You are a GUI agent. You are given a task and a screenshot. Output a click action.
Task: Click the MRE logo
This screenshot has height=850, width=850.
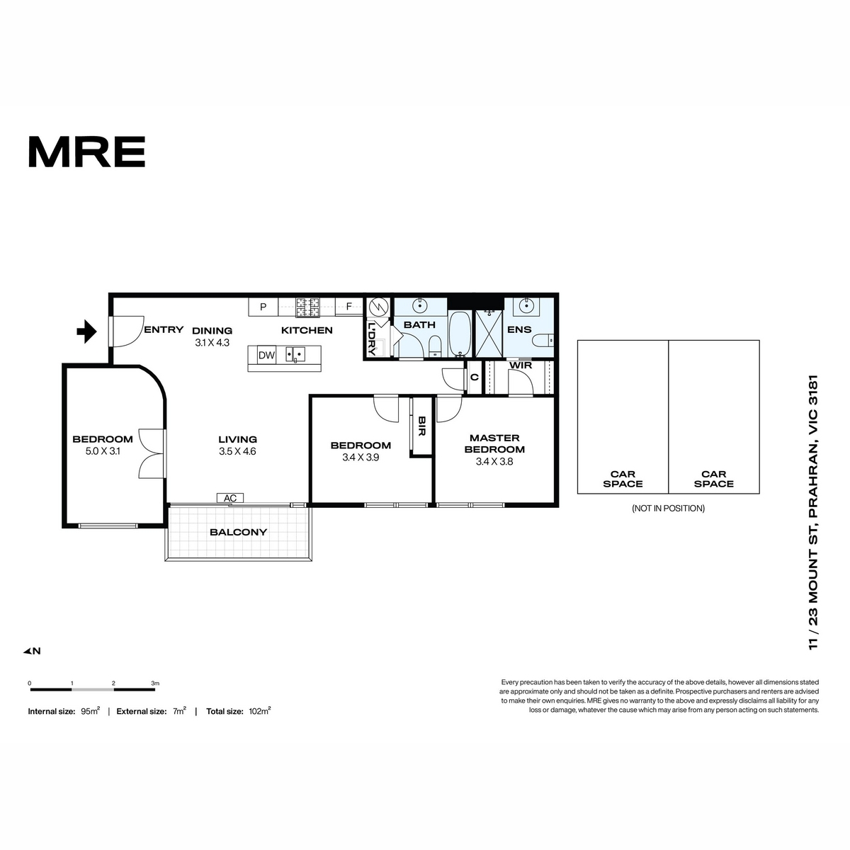point(87,152)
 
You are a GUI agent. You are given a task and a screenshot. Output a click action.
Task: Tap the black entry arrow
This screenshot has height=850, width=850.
point(87,331)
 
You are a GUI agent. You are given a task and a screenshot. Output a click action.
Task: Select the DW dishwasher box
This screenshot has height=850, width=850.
point(266,355)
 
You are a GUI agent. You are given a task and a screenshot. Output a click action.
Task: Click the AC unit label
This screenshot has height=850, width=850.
point(229,498)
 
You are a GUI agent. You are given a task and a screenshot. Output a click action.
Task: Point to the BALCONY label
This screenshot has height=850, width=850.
point(238,532)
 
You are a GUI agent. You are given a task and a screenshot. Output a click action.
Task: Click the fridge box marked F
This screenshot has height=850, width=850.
point(348,307)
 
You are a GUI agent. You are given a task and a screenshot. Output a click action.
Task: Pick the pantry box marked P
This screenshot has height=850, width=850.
point(263,307)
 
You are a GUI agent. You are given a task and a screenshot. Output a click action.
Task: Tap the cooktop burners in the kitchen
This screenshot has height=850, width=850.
point(307,307)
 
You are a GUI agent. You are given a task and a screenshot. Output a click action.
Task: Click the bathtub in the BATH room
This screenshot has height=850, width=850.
point(460,334)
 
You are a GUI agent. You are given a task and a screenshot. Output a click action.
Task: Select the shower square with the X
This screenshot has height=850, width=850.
point(489,333)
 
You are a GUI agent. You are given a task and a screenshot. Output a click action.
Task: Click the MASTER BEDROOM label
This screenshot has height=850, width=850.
point(494,443)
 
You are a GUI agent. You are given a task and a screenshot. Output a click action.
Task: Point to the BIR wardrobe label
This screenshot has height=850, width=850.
point(421,426)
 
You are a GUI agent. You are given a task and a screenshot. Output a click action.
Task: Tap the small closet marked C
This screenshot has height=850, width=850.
point(474,377)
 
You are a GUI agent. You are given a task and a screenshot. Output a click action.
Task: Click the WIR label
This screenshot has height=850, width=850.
point(521,365)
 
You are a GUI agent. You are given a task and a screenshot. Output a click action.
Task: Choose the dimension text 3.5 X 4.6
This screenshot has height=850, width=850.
point(237,451)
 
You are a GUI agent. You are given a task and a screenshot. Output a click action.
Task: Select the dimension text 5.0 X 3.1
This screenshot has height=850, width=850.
point(103,451)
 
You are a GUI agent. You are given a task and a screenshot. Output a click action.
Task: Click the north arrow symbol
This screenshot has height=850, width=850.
point(32,651)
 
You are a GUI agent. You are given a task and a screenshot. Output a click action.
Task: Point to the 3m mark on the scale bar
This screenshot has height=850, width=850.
point(155,684)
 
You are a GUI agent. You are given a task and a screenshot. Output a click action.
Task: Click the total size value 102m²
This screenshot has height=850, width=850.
point(260,711)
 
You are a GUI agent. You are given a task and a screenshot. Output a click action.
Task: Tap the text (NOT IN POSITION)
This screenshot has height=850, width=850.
point(668,508)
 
